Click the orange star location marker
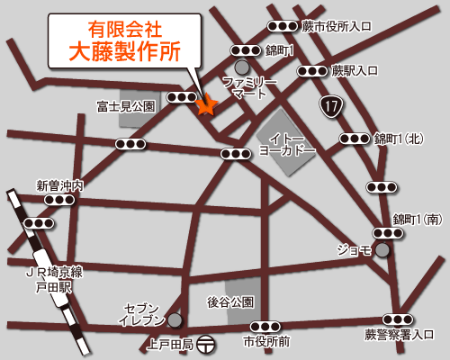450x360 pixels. [x=206, y=106]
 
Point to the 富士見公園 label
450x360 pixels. [x=126, y=106]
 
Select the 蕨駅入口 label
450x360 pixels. [x=354, y=69]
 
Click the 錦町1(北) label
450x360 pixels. [x=399, y=139]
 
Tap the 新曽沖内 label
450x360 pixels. [x=60, y=185]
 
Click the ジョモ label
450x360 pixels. [x=354, y=249]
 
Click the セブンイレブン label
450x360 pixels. [x=143, y=314]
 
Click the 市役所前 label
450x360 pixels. [x=266, y=342]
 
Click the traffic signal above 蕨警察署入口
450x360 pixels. [x=398, y=319]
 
